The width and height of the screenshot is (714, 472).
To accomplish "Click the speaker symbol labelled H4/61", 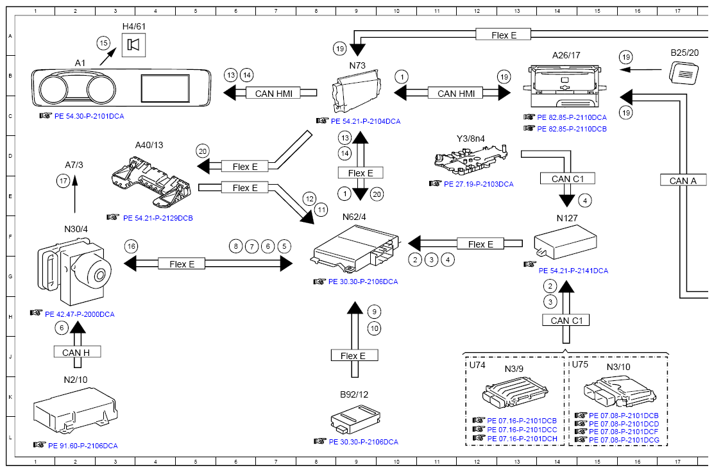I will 133,45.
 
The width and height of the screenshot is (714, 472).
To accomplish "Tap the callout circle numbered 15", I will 103,43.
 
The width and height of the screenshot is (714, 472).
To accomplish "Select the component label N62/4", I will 354,217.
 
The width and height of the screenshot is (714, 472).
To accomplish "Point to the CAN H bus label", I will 76,352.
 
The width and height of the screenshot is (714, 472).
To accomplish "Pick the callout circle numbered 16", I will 131,246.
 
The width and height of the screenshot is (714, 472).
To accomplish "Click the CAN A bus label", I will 683,181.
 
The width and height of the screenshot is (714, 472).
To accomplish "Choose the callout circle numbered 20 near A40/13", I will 203,151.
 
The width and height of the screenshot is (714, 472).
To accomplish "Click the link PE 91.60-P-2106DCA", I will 80,446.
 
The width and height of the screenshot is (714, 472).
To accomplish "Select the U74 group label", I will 478,365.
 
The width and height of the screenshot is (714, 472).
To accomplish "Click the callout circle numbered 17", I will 62,181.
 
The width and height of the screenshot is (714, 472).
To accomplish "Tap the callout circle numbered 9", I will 374,312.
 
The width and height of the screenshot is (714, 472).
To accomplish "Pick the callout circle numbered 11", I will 321,209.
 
